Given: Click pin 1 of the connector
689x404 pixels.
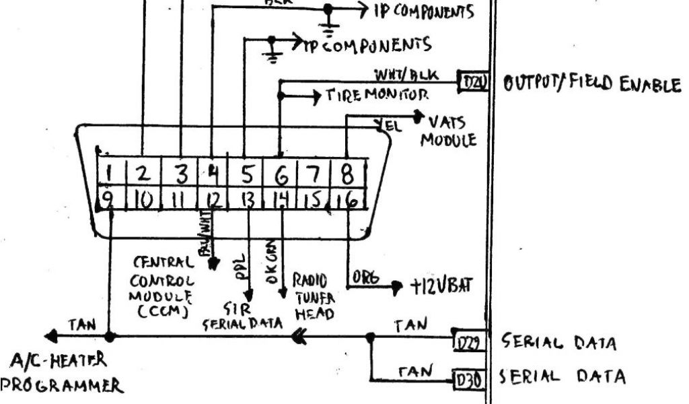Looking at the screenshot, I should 108,172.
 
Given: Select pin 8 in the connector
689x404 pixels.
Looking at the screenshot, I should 347,174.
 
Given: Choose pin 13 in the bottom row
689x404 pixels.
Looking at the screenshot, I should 248,200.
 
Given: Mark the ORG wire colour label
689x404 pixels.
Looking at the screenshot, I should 365,277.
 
